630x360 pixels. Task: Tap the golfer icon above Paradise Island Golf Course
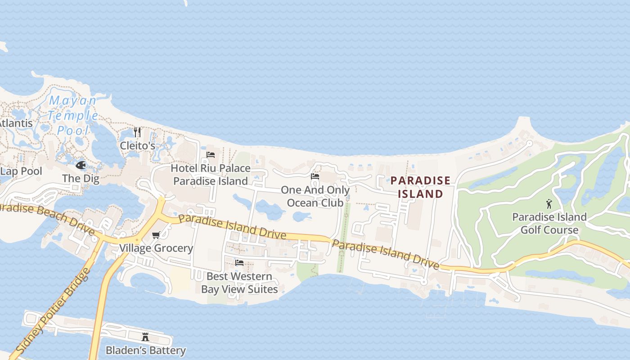549,204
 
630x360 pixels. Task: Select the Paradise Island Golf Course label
549,224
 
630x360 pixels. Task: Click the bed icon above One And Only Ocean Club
315,176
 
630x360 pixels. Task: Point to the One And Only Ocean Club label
315,196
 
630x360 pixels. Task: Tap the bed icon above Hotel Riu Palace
210,155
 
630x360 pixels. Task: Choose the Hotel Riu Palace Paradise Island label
211,175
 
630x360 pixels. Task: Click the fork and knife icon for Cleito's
137,132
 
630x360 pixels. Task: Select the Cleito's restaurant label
137,146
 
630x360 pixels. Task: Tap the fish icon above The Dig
81,165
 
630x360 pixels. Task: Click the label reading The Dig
81,178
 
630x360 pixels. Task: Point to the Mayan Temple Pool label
73,116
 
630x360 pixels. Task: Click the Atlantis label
16,123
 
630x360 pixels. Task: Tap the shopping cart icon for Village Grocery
156,235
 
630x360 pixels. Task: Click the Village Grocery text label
156,248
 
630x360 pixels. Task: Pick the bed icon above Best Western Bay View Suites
239,262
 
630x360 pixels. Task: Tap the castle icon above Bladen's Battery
145,337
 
